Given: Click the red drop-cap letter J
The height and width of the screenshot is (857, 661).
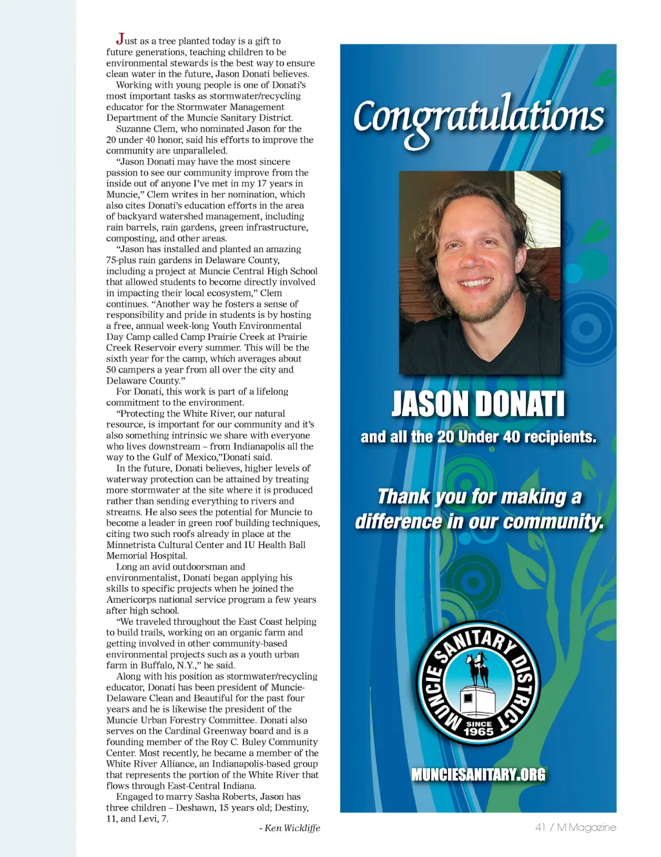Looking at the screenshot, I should coord(120,39).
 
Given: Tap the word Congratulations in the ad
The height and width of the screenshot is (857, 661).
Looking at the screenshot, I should coord(478,118).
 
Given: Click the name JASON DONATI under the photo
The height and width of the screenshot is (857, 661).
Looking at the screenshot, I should coord(478,404).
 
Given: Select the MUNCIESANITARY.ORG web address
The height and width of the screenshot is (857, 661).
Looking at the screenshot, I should coord(478,774).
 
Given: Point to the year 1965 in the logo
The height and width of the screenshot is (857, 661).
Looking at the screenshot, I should coord(478,731).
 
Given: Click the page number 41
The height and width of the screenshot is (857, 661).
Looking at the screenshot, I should coord(540,827).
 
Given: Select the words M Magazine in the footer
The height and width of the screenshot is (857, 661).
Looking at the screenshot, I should coord(586,827).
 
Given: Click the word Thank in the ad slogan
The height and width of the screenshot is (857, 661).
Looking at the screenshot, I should coord(403,497).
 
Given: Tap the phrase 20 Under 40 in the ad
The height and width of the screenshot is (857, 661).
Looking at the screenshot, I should coord(478,437).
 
